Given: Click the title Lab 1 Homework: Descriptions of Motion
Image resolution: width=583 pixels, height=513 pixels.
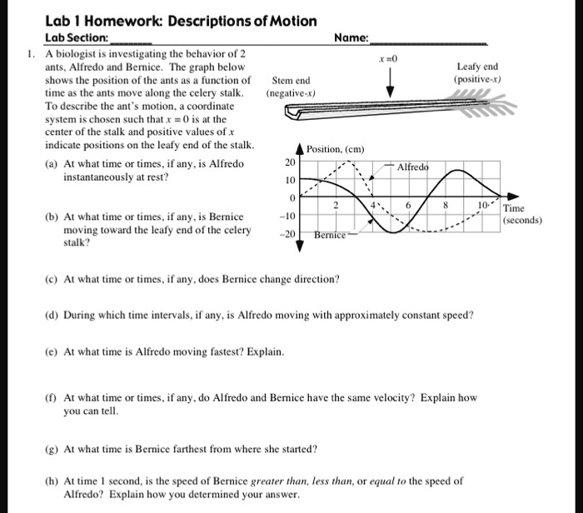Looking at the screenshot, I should (181, 21).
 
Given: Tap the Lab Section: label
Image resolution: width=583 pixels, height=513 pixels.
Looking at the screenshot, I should (76, 37).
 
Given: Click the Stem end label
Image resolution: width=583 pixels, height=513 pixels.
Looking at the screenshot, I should (291, 81).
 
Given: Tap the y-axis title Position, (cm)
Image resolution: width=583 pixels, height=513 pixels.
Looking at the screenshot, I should (336, 149).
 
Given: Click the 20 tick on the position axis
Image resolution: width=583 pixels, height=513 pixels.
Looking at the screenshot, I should (289, 163).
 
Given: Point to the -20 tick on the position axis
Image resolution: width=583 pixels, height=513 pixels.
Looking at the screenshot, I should (287, 235).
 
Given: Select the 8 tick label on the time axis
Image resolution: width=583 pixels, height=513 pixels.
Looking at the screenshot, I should (446, 205).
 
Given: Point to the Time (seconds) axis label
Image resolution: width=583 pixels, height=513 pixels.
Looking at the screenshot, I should (522, 215).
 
